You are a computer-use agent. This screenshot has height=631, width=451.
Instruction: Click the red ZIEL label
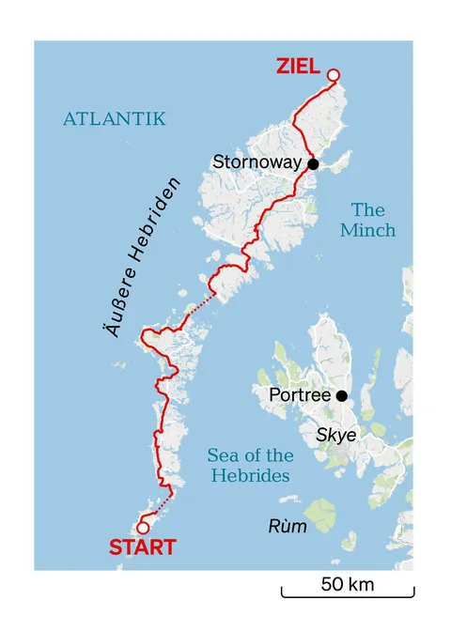tap(298, 66)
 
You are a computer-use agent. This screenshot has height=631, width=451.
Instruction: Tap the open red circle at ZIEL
tap(333, 75)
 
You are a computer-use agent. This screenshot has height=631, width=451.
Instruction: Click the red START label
tap(143, 547)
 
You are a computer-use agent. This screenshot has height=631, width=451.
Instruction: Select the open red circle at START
tap(143, 528)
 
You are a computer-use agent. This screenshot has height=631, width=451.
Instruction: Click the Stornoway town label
tap(257, 162)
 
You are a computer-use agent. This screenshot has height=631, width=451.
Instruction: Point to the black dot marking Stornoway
tap(313, 164)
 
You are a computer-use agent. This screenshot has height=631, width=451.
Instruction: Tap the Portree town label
tap(300, 395)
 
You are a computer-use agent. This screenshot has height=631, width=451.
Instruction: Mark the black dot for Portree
tap(342, 396)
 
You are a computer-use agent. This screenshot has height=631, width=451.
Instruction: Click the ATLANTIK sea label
tap(114, 119)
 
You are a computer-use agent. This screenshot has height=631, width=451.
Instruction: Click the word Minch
tap(368, 230)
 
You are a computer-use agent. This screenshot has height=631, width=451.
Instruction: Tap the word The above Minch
tap(368, 209)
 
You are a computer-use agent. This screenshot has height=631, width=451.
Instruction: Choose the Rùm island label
tap(287, 526)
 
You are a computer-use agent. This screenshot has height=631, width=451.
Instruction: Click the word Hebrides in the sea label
tap(248, 476)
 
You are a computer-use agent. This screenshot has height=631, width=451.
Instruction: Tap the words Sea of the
tap(248, 455)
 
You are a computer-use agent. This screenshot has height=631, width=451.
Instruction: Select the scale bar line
tap(347, 595)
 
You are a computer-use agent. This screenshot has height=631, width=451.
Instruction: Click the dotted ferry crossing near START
tap(159, 510)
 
